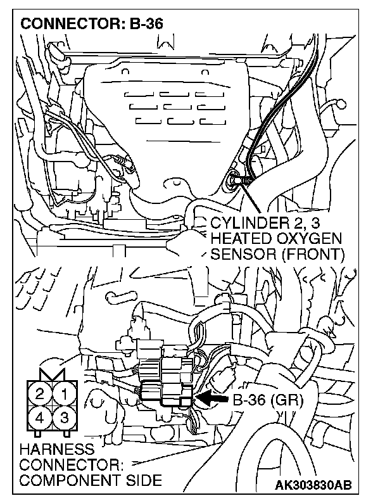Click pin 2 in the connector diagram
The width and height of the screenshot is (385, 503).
coord(40,395)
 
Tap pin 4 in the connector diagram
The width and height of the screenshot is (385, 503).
coord(40,418)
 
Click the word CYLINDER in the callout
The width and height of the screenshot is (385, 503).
coord(241,223)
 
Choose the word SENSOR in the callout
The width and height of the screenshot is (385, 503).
coord(237,255)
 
